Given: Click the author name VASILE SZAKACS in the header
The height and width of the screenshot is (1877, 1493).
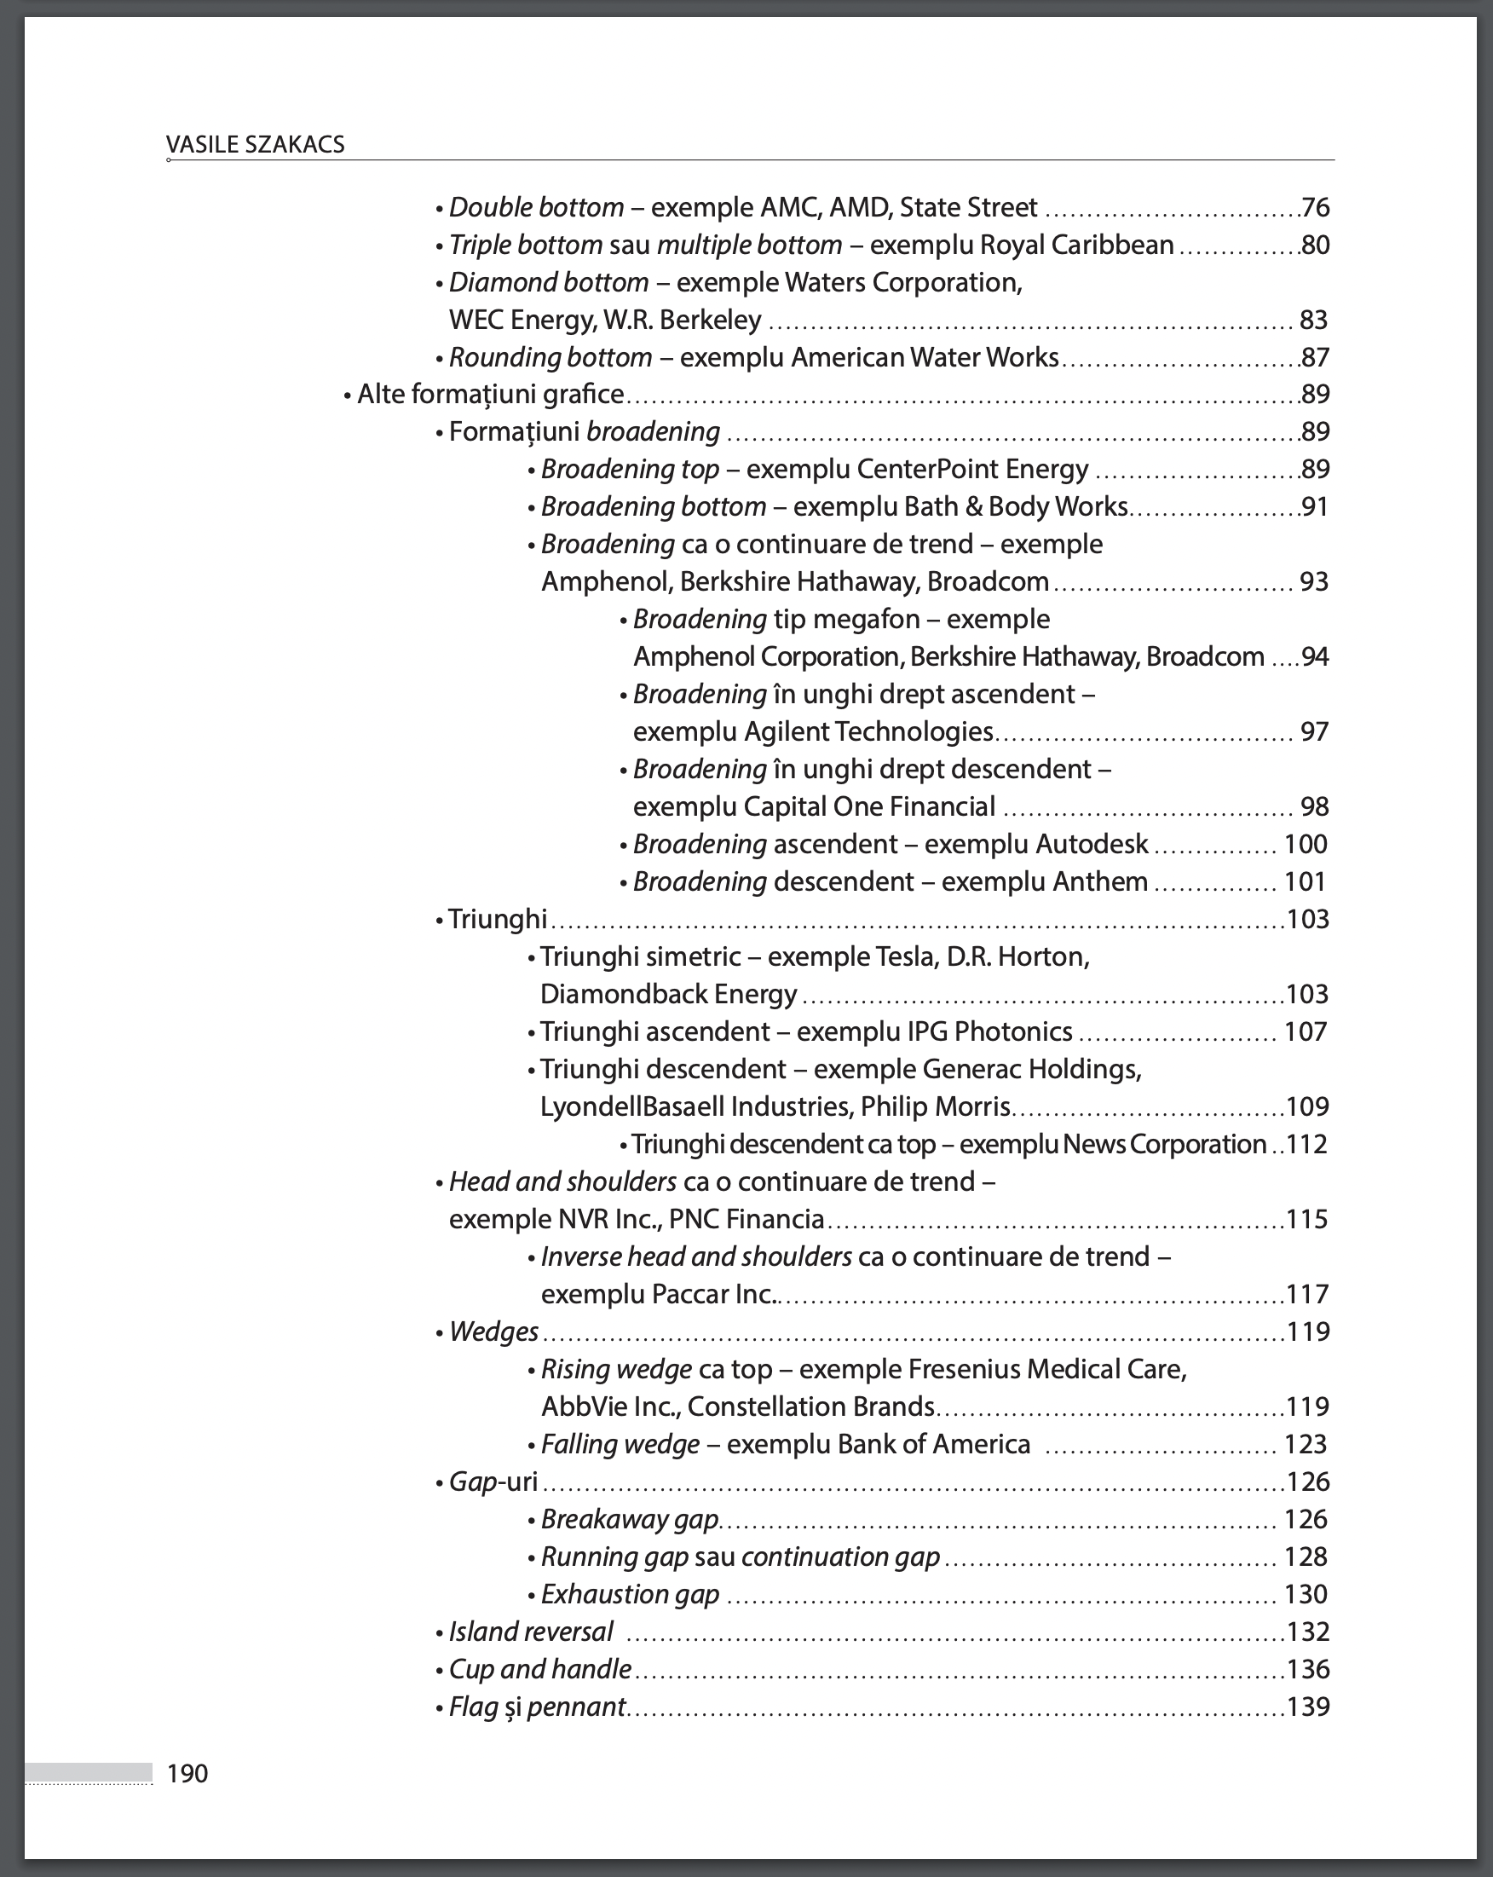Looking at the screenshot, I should [x=255, y=145].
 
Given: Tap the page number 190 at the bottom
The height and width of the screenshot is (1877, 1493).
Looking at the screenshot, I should [x=187, y=1773].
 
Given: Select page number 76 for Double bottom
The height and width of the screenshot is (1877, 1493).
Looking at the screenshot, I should [x=1315, y=208].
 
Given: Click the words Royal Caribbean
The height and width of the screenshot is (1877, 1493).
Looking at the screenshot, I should [x=1077, y=245].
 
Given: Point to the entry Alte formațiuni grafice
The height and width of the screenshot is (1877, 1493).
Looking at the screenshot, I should [x=490, y=395].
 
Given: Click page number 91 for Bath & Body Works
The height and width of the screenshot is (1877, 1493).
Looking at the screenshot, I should [x=1315, y=506].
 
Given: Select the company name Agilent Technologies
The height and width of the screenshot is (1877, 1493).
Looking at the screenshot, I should [x=868, y=731].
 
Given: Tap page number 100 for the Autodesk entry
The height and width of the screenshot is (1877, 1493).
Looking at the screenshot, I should [x=1305, y=845].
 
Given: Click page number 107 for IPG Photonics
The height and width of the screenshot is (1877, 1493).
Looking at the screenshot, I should [x=1305, y=1031].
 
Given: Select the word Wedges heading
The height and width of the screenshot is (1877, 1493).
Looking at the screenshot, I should [x=493, y=1332].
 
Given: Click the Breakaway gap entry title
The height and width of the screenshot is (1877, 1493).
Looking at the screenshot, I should [x=630, y=1519].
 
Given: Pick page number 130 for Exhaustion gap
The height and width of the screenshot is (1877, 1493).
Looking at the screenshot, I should [x=1305, y=1594].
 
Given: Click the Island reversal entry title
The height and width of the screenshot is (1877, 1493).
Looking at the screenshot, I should [x=530, y=1632].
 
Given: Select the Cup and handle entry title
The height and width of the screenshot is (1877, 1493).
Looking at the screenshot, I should [x=539, y=1669].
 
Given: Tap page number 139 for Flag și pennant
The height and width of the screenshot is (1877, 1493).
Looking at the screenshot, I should [x=1307, y=1707].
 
